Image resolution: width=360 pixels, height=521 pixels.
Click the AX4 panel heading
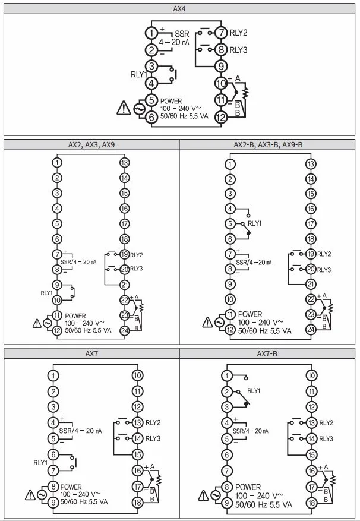pos(179,9)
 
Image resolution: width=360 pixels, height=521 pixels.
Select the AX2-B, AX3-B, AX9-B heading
pos(268,145)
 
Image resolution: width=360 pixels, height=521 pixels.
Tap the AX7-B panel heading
pos(267,354)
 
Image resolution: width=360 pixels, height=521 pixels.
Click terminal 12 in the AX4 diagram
pos(221,117)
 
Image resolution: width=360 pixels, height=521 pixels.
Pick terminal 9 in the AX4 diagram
pos(221,66)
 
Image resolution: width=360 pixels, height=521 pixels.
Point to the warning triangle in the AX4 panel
pos(124,108)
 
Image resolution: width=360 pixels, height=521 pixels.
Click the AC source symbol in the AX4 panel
pos(139,109)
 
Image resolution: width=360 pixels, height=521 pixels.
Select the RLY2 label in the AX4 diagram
pos(238,33)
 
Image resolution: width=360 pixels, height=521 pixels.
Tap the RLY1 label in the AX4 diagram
pos(138,74)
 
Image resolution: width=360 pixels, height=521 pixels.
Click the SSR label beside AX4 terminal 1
pos(182,34)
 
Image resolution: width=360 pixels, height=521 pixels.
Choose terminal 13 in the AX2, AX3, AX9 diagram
pos(124,163)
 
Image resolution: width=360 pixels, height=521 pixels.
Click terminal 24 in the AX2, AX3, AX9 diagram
pos(124,331)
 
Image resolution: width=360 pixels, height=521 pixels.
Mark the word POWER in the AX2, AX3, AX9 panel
pos(75,316)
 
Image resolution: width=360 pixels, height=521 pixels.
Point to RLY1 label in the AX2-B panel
pos(255,223)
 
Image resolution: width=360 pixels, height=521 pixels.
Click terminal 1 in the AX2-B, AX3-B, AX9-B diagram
pos(230,164)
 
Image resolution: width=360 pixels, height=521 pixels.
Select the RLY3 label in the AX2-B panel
pos(324,270)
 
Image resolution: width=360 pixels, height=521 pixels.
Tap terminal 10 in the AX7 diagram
pos(137,375)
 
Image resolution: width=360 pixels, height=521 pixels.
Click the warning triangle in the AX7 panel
pos(30,495)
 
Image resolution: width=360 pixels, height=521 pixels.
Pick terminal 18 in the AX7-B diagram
pos(311,503)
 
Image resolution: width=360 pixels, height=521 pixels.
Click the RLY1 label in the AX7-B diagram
pos(254,391)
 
